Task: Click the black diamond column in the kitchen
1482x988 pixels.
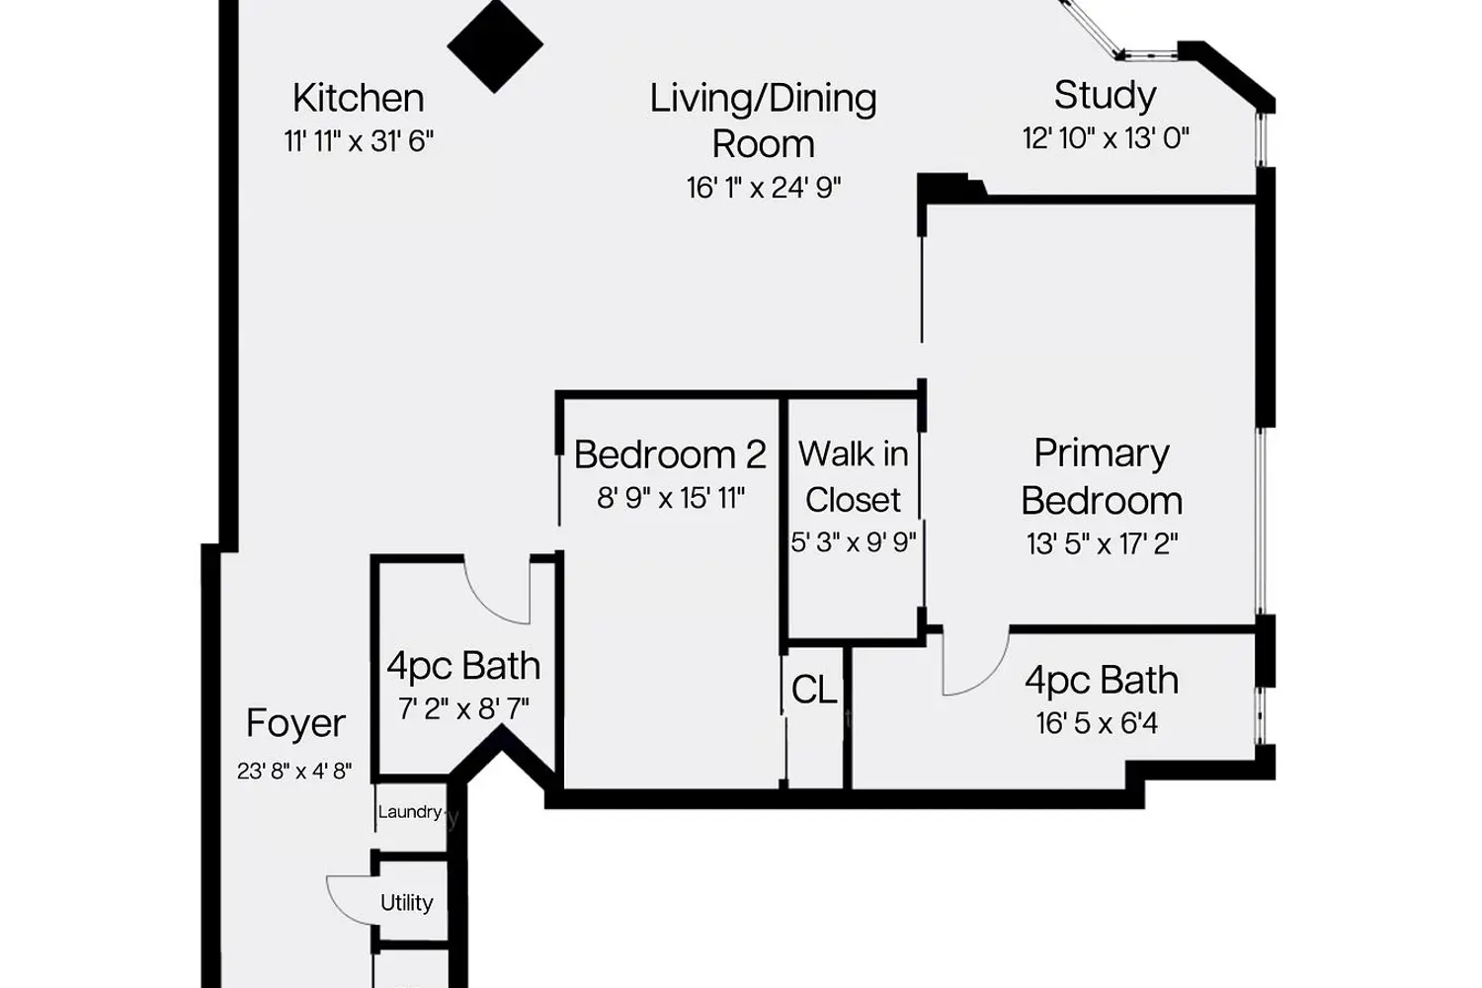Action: pos(495,45)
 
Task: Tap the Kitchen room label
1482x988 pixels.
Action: pos(358,98)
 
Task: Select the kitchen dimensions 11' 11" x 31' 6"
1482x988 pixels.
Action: pos(359,141)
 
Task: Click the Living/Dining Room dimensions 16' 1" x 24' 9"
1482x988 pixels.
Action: pos(764,188)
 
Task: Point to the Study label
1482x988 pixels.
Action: pos(1105,95)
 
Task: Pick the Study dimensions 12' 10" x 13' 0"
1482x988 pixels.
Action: pos(1106,138)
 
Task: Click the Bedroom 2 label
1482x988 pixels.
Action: pos(670,454)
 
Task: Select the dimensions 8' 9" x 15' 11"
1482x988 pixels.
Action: pos(670,498)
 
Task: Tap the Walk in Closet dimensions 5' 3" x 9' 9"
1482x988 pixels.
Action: pos(854,542)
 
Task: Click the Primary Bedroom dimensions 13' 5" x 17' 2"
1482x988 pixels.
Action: pos(1102,543)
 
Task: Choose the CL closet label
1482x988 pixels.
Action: pos(814,690)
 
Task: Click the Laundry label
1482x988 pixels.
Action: pos(409,812)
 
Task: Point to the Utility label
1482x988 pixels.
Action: pos(406,903)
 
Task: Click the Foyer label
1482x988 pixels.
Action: pos(295,723)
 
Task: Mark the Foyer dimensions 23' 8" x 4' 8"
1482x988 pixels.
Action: pos(294,771)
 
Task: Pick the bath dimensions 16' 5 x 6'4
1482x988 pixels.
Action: pos(1097,723)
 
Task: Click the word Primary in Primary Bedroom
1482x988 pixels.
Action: pos(1102,453)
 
